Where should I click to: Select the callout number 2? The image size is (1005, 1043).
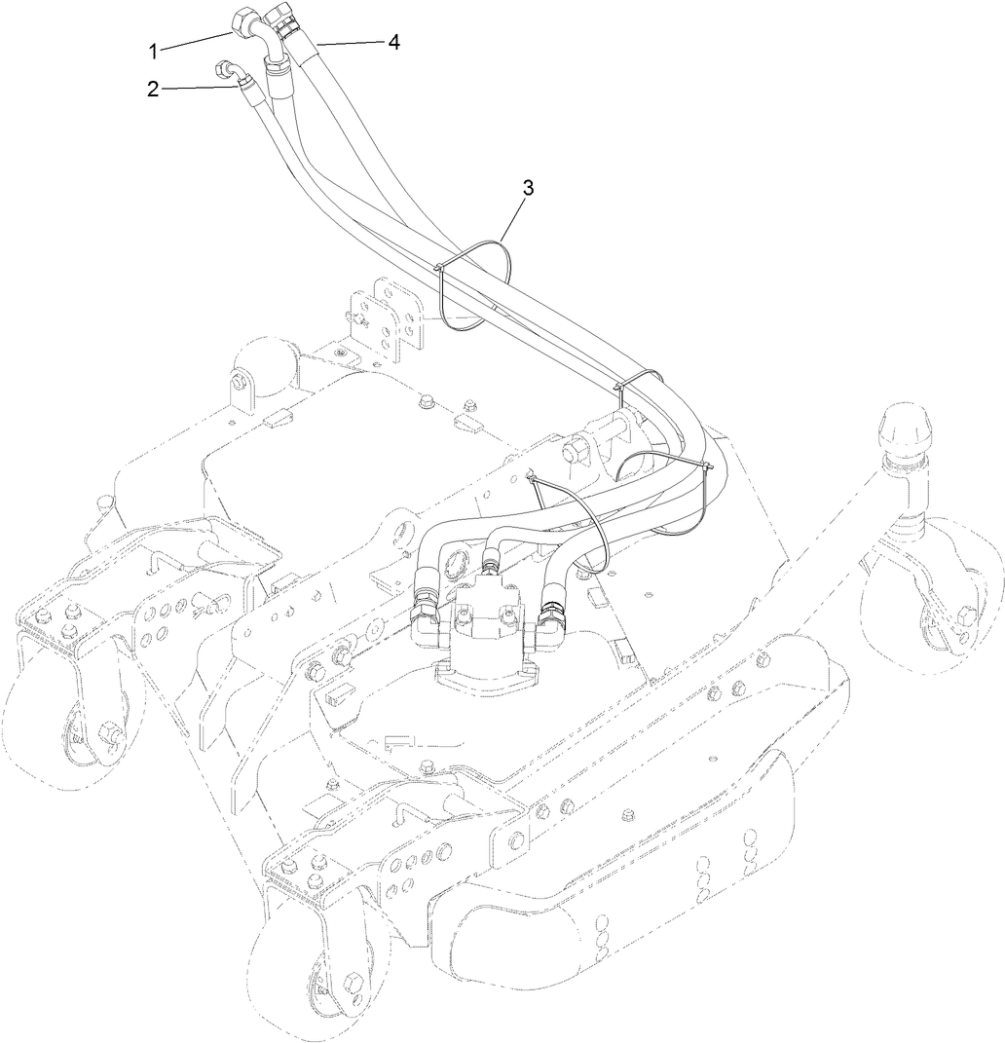[154, 89]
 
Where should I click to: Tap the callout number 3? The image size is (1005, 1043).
[529, 188]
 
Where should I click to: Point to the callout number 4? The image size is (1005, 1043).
[393, 42]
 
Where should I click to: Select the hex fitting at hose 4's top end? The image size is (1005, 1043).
[288, 19]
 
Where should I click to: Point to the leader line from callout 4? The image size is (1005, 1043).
[347, 42]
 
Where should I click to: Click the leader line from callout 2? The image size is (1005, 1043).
[200, 89]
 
